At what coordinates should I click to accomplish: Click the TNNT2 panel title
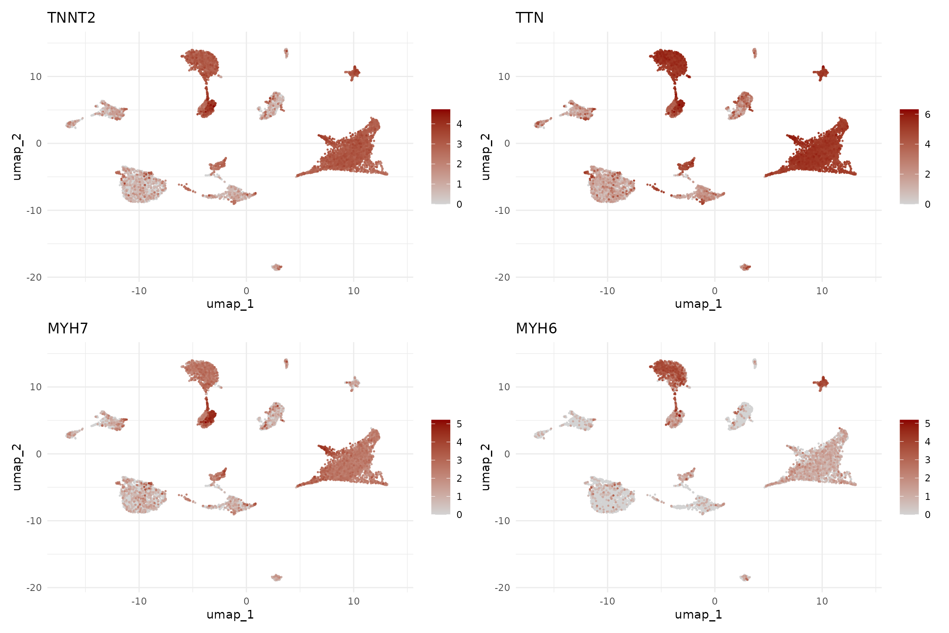tap(71, 18)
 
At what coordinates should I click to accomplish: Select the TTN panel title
tap(529, 18)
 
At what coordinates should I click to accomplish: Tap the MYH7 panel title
tap(68, 328)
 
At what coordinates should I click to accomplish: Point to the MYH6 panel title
tap(536, 328)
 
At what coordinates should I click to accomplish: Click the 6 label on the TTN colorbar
tap(927, 115)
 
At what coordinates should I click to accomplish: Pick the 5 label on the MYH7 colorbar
tap(459, 424)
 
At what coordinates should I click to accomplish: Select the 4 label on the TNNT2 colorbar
tap(459, 124)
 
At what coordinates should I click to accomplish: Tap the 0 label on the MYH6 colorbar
tap(927, 515)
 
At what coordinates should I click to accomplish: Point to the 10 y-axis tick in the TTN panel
tap(504, 77)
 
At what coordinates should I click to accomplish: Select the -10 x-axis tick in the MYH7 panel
tap(139, 601)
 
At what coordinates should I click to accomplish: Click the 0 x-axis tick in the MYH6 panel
tap(715, 601)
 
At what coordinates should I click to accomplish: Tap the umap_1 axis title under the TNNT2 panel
tap(230, 304)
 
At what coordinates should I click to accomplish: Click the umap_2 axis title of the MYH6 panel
tap(486, 467)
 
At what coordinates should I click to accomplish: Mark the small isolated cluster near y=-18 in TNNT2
tap(277, 267)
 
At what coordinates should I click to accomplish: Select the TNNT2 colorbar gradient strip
tap(440, 157)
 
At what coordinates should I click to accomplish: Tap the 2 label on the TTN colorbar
tap(927, 174)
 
